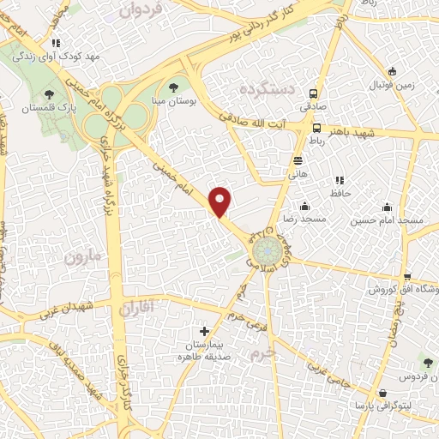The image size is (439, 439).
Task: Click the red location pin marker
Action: click(221, 201)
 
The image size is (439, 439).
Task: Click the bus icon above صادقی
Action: click(314, 94)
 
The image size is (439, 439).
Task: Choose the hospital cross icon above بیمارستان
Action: click(203, 331)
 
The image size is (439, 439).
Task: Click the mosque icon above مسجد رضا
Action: click(305, 206)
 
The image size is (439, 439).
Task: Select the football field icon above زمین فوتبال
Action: click(392, 71)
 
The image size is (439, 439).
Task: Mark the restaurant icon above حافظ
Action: click(339, 181)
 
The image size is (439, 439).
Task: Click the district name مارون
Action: click(82, 256)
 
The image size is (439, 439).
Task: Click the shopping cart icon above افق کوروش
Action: click(406, 276)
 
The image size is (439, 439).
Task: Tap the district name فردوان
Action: click(141, 11)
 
